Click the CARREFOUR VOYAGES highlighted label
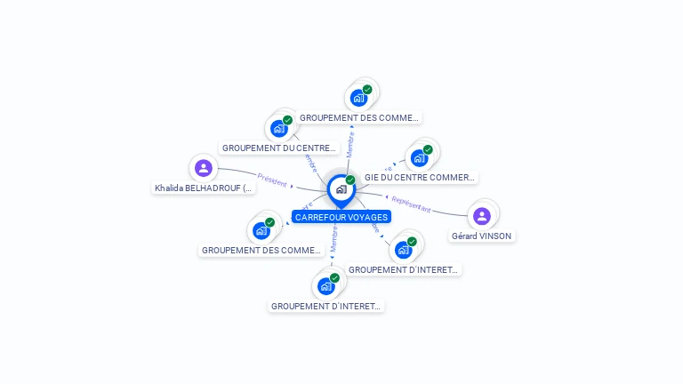[x=341, y=217]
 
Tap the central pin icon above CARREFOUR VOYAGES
[x=340, y=189]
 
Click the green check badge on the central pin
[x=350, y=180]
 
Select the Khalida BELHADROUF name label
[x=204, y=188]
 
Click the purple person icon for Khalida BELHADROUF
[x=204, y=167]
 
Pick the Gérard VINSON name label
[x=482, y=236]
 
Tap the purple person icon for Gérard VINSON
[x=482, y=215]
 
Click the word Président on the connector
[x=272, y=180]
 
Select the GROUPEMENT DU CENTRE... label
[x=279, y=148]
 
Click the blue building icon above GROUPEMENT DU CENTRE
[x=279, y=129]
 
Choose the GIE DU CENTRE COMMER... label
[x=420, y=178]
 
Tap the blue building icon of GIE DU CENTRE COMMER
[x=420, y=158]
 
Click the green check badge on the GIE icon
[x=428, y=149]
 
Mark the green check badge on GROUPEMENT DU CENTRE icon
[x=287, y=120]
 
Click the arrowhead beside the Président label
[x=292, y=187]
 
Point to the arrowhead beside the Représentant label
[x=387, y=196]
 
